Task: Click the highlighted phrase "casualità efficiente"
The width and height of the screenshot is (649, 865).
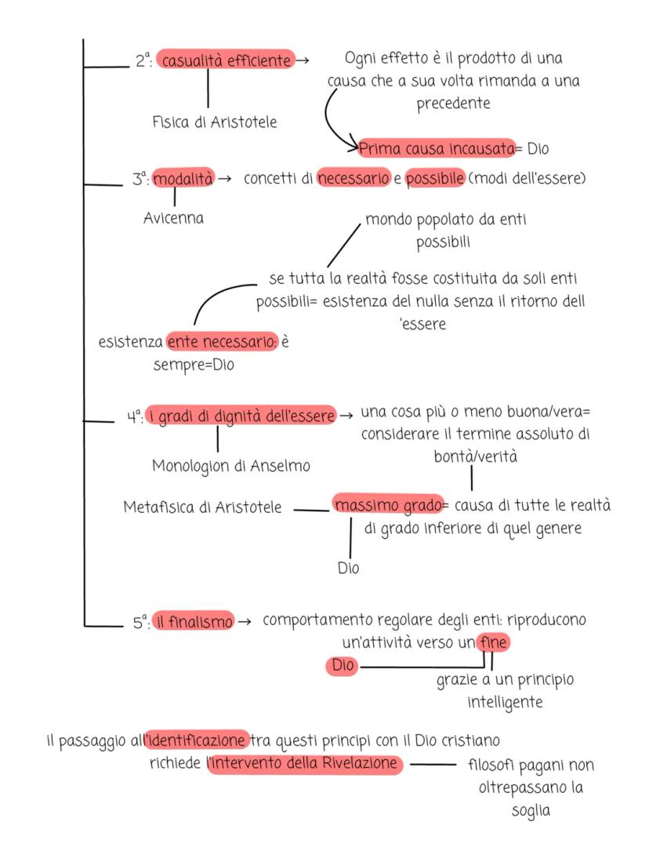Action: tap(225, 60)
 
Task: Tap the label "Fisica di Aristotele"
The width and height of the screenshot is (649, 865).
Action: tap(214, 122)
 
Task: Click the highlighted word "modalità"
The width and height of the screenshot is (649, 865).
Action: tap(183, 179)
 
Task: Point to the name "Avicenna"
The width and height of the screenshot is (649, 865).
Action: tap(173, 218)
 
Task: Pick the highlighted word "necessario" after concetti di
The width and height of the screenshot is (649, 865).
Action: tap(354, 179)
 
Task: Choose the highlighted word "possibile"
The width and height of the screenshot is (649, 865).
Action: tap(436, 179)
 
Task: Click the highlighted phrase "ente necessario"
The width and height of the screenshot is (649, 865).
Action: tap(222, 343)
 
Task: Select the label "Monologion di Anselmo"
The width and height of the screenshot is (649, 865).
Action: tap(231, 466)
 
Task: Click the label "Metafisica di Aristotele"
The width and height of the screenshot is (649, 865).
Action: tap(202, 507)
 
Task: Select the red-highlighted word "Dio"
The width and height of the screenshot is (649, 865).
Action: tap(343, 667)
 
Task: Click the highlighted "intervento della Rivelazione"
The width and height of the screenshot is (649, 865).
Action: tap(306, 763)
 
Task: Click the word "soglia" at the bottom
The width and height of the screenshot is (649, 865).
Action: tap(529, 812)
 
